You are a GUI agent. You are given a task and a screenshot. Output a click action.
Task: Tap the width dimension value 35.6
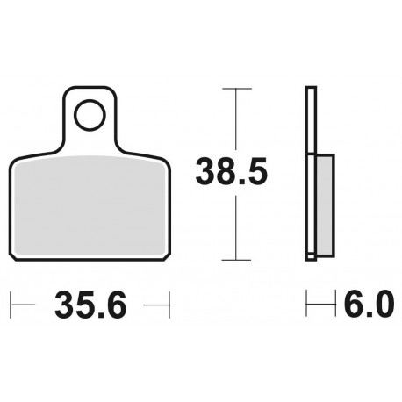(x=90, y=306)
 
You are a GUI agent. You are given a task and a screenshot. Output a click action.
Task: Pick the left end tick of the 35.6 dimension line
(x=12, y=306)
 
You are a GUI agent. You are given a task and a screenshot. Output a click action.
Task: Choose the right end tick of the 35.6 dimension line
(x=167, y=306)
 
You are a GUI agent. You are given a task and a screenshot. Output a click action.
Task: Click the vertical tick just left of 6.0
(x=306, y=306)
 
